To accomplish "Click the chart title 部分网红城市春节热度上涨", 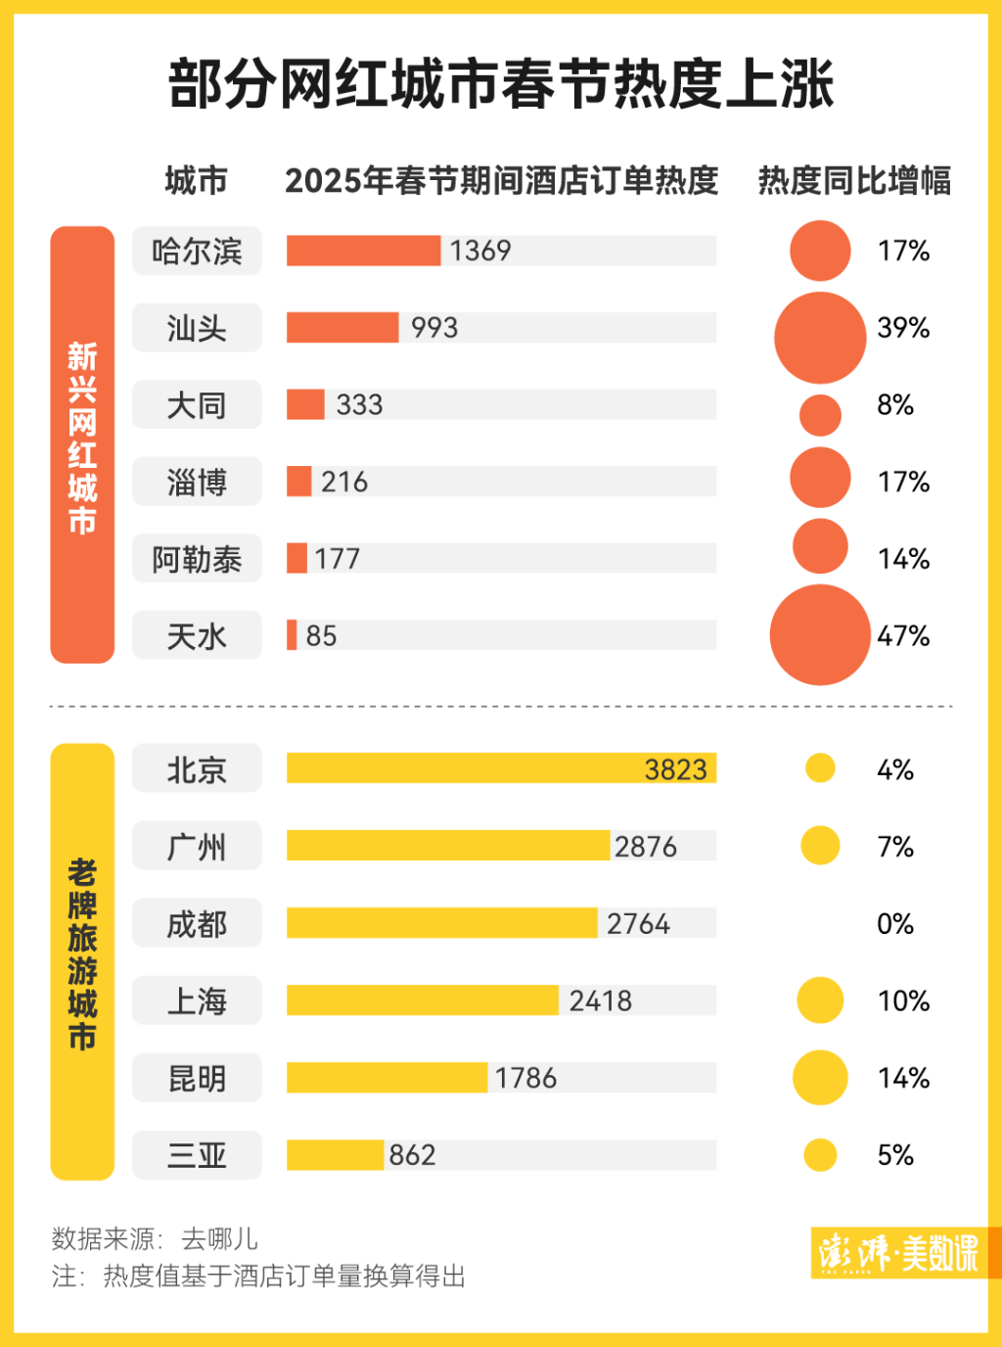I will coord(500,84).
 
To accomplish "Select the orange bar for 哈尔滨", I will coord(363,251).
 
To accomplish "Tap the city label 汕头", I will coord(197,328).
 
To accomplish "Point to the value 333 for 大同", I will coord(359,404).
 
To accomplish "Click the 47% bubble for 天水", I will coord(820,635).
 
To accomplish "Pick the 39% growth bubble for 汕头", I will coord(820,338).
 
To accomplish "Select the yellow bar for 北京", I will coord(501,768).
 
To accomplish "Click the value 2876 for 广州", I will coord(645,847).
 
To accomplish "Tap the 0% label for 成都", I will coord(894,924).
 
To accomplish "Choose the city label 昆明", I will coord(197,1079).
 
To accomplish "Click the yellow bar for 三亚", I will coord(335,1155).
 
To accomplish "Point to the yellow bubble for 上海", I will coord(820,1000).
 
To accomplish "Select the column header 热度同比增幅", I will coord(854,181).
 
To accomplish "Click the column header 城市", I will coord(196,181).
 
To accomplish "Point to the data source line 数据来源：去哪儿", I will coord(155,1239).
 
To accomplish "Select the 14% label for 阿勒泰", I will coord(903,559).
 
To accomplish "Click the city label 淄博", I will coord(197,483).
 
